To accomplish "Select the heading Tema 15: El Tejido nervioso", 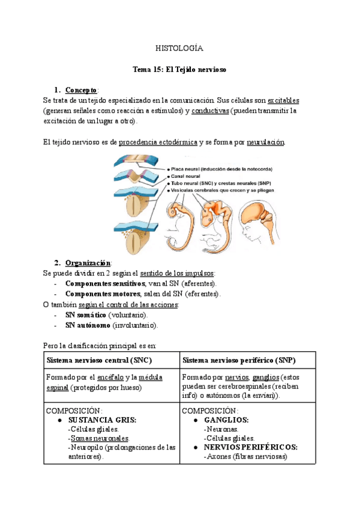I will click(179, 70).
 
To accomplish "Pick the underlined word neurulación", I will click(266, 142).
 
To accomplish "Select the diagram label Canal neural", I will click(187, 176).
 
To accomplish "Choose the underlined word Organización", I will click(88, 262).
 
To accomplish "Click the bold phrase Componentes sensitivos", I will click(103, 283).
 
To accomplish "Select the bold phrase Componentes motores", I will click(99, 294).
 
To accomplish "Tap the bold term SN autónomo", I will click(88, 325).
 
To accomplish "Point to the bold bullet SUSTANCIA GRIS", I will click(102, 420).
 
